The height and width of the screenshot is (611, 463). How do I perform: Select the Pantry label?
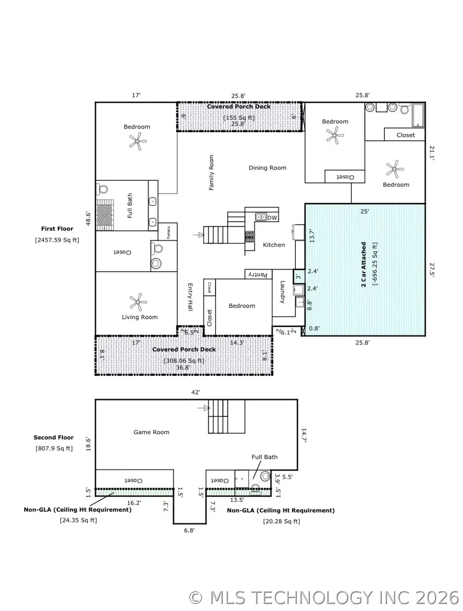coord(257,275)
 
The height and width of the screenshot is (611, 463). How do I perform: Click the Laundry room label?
coord(282,292)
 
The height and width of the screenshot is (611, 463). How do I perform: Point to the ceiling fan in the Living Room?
coord(137,301)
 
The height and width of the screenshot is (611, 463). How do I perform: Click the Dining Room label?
coord(268,168)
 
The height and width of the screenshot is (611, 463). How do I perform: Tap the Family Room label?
coord(211,173)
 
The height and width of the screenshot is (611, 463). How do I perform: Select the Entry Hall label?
coord(190,297)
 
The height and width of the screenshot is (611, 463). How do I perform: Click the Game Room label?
coord(151,432)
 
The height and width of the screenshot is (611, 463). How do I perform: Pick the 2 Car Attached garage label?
coord(364,264)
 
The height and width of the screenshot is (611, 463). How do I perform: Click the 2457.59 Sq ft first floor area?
coord(57,239)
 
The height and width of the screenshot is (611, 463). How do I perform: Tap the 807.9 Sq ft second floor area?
coord(54,448)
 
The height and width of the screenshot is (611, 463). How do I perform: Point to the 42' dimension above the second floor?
coord(195,392)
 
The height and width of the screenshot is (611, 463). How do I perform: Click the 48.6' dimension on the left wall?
coord(88,218)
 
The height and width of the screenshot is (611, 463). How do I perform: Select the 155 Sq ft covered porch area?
coord(238,117)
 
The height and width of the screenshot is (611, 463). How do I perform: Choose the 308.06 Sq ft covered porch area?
coord(184,361)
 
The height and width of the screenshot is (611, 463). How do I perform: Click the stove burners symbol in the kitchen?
coord(250,236)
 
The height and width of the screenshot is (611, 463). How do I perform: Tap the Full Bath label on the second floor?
coord(264,457)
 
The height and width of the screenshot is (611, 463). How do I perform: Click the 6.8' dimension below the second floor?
coord(189,529)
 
